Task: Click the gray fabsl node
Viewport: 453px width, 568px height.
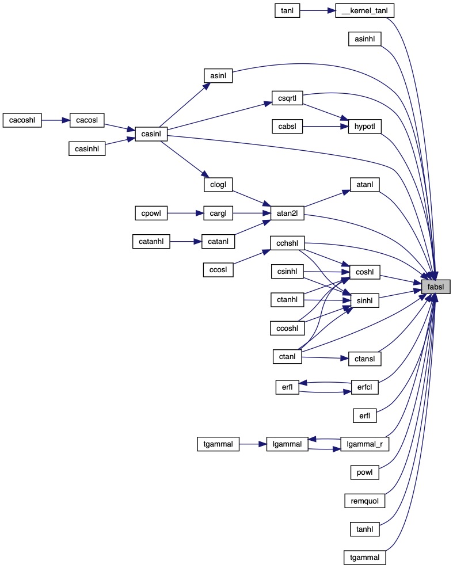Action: (x=435, y=286)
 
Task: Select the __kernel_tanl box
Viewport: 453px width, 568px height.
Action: (x=365, y=10)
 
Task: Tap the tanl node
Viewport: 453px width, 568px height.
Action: (x=287, y=10)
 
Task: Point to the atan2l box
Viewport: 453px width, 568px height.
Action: (x=287, y=215)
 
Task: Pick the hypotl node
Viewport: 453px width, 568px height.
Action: (x=365, y=125)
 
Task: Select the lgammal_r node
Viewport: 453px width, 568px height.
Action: (x=365, y=444)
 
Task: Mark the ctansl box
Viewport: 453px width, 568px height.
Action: (x=365, y=359)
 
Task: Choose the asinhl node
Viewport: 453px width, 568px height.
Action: (x=365, y=39)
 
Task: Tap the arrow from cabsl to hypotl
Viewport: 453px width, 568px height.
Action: (x=326, y=125)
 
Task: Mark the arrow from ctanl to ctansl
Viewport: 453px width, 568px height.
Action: (x=325, y=358)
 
